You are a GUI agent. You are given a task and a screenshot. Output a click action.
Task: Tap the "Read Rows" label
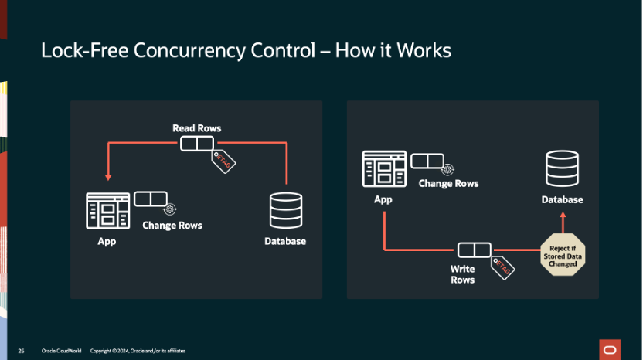tap(196, 127)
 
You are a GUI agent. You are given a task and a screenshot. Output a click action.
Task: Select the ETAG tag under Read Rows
tap(224, 161)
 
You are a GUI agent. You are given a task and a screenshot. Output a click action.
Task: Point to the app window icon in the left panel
tap(108, 210)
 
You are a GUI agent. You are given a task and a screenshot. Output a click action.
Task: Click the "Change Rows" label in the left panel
tap(172, 226)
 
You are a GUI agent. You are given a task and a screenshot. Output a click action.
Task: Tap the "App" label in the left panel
tap(107, 241)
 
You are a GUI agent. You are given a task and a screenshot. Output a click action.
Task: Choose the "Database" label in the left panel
tap(285, 241)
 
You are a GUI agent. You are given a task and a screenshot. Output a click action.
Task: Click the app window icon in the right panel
tap(384, 169)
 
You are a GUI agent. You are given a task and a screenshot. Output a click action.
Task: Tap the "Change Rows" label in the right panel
tap(448, 184)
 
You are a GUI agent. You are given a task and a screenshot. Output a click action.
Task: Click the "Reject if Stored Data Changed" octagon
tap(563, 256)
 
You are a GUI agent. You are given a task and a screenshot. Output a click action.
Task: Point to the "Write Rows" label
tap(463, 274)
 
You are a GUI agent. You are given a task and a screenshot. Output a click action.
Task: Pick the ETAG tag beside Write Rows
tap(502, 266)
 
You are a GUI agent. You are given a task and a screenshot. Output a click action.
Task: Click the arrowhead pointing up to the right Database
tap(563, 219)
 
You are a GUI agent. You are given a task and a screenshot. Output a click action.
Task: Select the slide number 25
tap(22, 351)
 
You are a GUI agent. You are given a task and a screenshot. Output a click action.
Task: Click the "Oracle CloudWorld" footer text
tap(59, 351)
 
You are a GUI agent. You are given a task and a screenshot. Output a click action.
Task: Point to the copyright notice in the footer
tap(138, 351)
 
